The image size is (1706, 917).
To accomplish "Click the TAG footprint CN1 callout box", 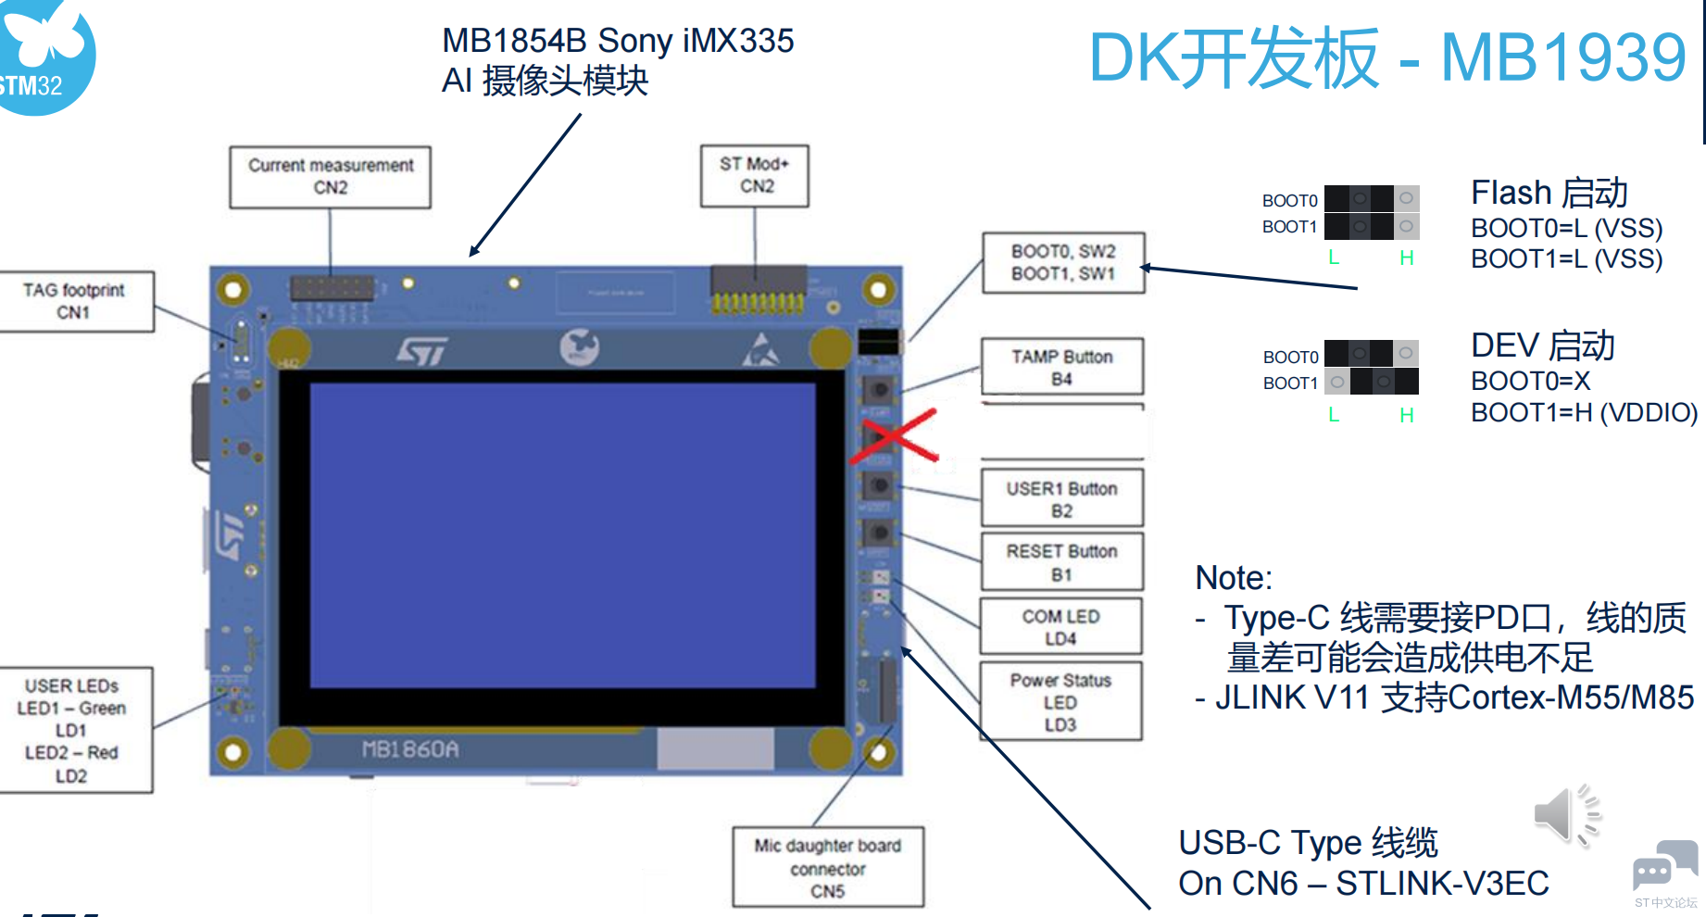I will point(74,301).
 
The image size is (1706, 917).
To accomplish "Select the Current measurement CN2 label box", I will point(330,176).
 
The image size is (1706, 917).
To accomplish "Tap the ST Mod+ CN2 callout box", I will point(755,175).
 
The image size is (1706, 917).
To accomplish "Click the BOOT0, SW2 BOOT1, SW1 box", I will point(1063,262).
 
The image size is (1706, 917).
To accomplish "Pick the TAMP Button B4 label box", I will point(1062,367).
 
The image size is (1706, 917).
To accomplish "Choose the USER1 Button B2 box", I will point(1062,498).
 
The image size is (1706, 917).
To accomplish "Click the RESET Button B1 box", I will point(1062,562).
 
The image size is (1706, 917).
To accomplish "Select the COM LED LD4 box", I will point(1061,627).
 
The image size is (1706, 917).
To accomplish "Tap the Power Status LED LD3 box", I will point(1061,701).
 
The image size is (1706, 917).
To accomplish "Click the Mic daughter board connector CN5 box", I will point(828,868).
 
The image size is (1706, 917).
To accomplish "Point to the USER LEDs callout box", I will point(72,730).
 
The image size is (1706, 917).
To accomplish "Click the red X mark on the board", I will point(895,436).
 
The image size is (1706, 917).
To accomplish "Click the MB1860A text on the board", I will point(410,749).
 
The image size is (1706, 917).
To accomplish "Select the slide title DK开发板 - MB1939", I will point(1387,58).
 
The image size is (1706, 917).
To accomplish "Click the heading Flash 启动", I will point(1549,193).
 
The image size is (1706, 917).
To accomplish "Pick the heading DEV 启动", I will point(1543,345).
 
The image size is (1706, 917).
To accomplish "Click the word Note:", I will point(1234,578).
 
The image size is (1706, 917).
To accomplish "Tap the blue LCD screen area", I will point(562,535).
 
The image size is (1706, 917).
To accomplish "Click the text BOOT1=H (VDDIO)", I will point(1585,412).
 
